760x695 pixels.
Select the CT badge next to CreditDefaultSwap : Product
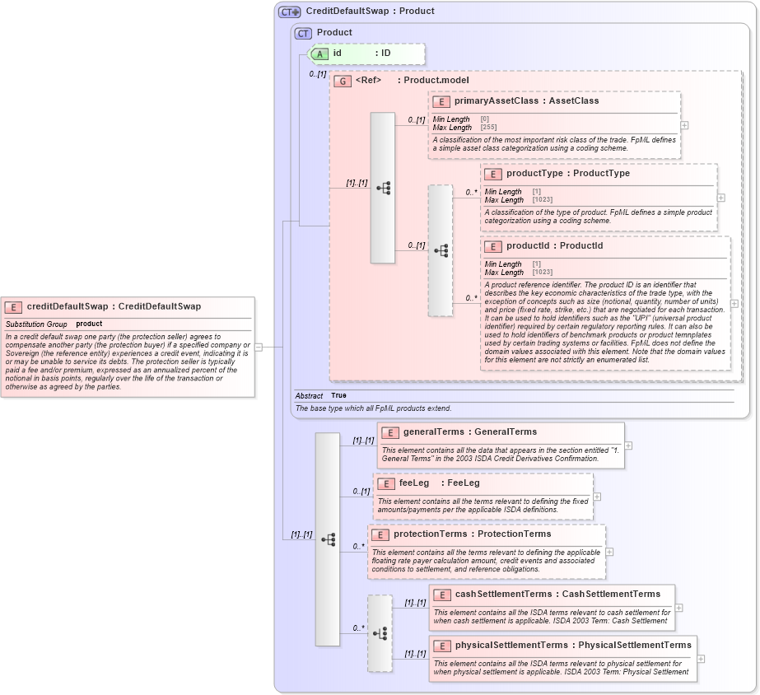[289, 12]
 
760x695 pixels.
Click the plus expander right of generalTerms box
[628, 445]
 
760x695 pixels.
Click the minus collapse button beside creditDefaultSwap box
[258, 347]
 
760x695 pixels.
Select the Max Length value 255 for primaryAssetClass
[488, 128]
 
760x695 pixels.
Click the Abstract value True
[338, 395]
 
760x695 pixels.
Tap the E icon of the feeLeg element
[385, 483]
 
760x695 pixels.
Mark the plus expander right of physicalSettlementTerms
[701, 659]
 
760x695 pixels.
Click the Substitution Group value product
[89, 324]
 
